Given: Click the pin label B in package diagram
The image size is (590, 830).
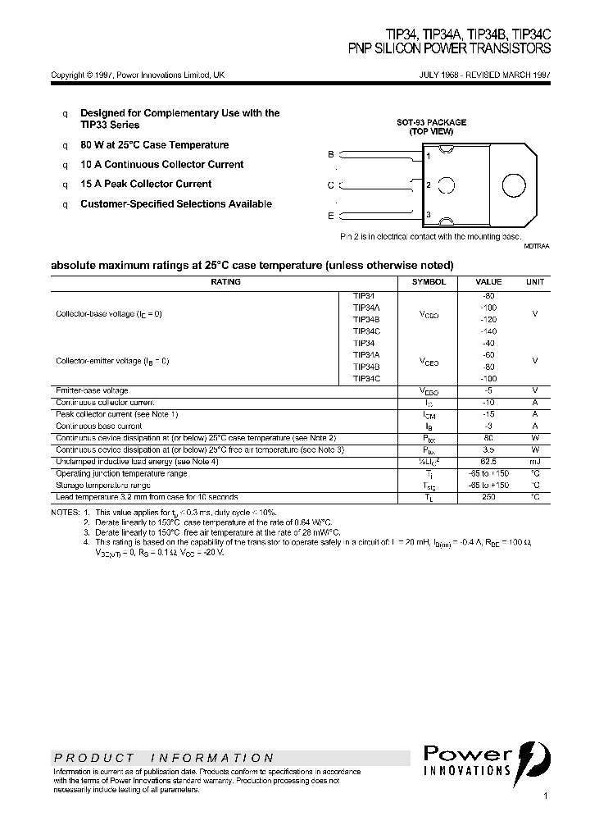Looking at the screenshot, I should (x=331, y=154).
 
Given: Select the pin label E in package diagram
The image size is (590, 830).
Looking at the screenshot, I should (x=331, y=216).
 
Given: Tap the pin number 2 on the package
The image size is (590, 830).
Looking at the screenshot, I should (x=429, y=185).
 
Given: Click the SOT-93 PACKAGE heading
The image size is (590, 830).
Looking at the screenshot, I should (x=432, y=122).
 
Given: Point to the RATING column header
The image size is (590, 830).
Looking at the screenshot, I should (x=225, y=282).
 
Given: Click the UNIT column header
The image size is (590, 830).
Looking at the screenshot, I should (x=535, y=282).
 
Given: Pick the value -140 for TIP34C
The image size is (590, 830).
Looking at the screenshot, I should (x=489, y=331).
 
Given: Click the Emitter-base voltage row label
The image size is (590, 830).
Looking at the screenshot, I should (x=92, y=390).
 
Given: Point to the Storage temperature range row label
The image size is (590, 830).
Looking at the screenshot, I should (x=102, y=486).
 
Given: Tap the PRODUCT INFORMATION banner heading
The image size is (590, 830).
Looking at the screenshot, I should (x=164, y=759).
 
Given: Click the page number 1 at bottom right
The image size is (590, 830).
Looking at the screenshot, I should (x=546, y=796).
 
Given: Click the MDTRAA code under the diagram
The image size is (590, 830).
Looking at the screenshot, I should (x=537, y=246).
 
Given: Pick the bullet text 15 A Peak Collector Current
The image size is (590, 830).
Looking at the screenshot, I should (x=146, y=185).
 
